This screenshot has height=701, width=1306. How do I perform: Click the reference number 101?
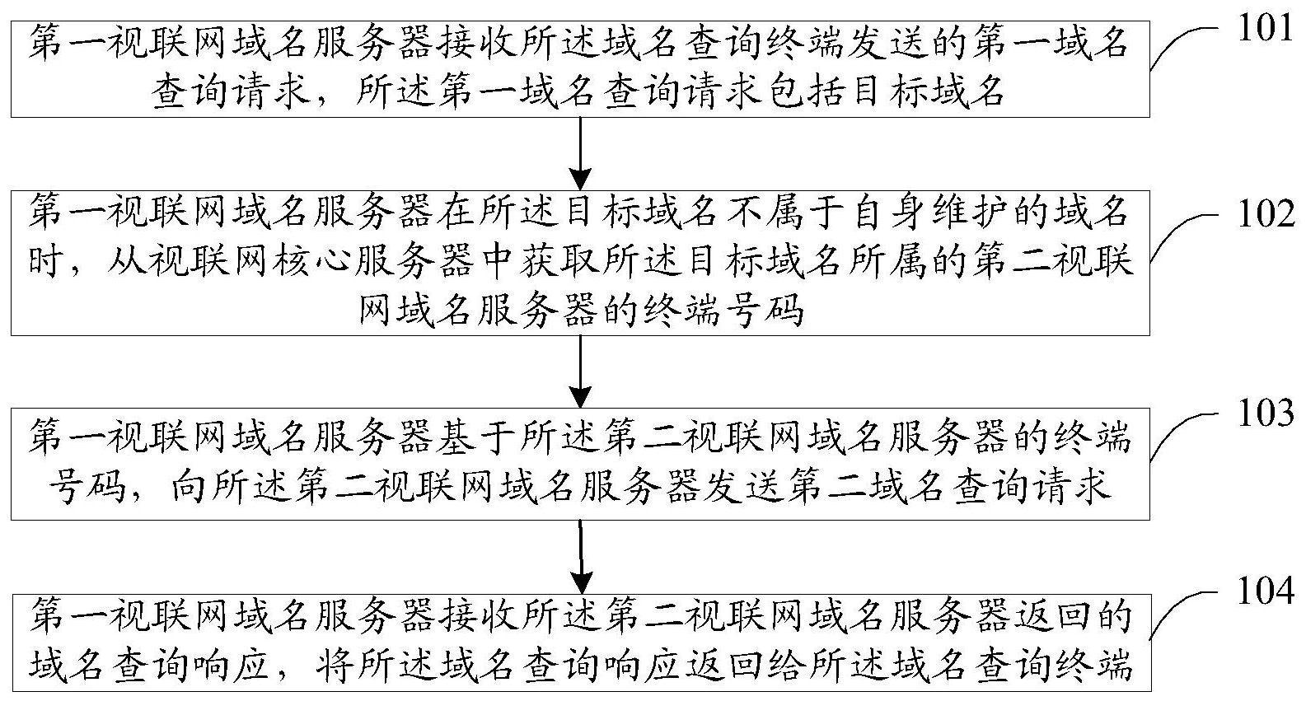pos(1265,27)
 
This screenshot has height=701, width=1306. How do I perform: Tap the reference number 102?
pos(1266,214)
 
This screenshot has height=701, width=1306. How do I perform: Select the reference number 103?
pos(1266,414)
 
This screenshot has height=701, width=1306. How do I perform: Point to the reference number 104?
pos(1266,591)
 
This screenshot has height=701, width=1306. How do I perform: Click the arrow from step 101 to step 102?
pos(581,153)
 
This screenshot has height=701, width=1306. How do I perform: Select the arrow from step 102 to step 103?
pos(581,372)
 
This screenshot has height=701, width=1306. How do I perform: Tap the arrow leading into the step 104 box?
pos(581,557)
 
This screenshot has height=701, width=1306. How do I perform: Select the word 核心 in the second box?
pos(316,259)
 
